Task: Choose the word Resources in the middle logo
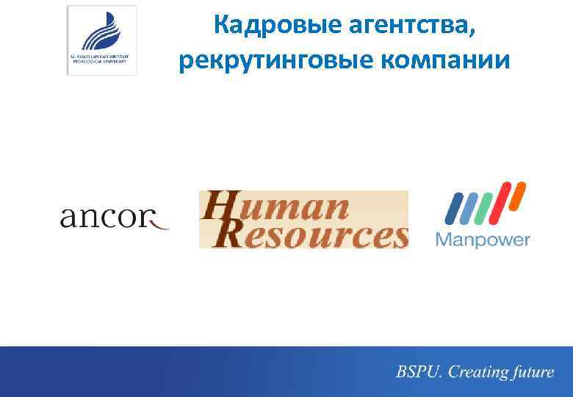(x=323, y=235)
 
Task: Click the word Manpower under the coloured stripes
(x=483, y=240)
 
